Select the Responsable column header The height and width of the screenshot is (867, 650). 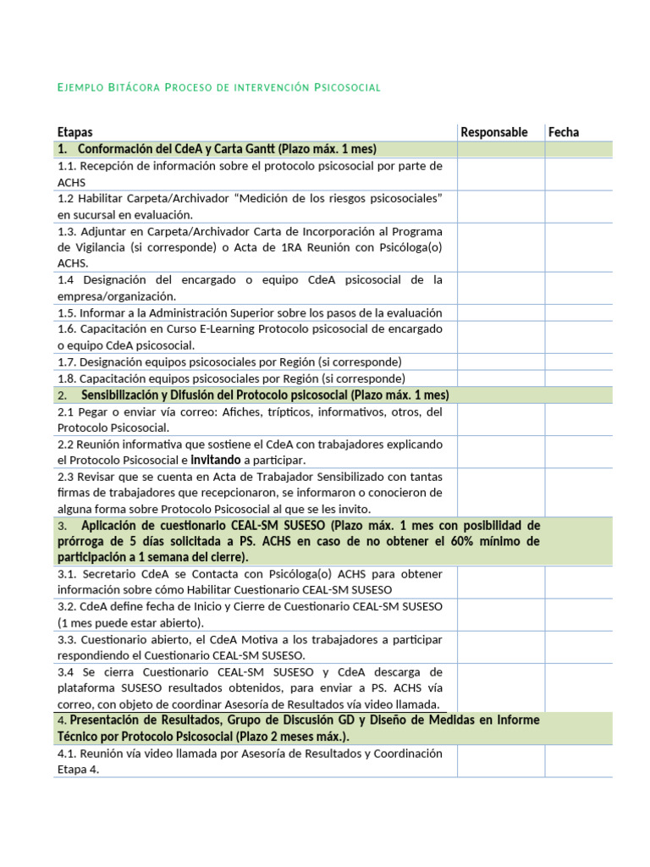point(493,132)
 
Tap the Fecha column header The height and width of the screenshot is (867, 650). point(564,132)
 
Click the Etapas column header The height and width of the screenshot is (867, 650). point(75,132)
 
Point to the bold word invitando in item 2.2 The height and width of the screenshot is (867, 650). point(216,460)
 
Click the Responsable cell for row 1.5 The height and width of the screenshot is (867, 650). point(500,312)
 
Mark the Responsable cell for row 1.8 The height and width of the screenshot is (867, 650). point(500,378)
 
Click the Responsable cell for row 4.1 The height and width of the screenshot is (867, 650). point(500,761)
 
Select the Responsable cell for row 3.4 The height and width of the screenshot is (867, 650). point(500,688)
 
